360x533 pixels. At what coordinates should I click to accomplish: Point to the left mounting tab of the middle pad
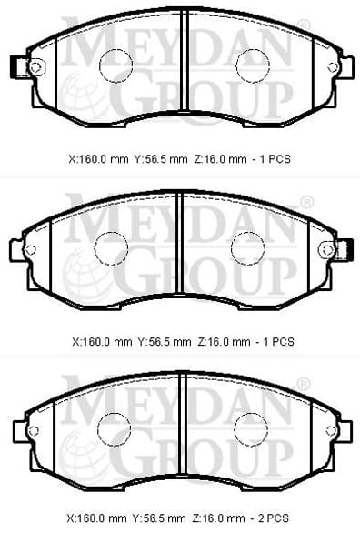coord(17,250)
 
